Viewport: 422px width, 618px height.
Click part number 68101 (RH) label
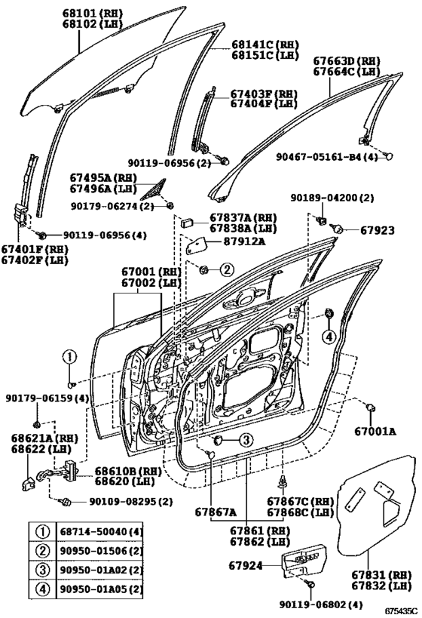92,14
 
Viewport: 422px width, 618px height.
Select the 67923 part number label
377,230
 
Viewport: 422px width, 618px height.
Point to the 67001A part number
375,432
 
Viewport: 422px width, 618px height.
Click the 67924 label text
245,566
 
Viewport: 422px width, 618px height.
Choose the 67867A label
216,512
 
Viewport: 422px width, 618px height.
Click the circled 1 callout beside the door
69,357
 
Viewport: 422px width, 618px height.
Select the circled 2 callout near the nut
227,269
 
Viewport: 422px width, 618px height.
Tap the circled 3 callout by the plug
246,439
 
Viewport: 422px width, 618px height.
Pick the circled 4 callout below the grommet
329,337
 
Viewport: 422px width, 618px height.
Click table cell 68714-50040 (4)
101,532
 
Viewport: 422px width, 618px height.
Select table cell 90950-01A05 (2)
101,589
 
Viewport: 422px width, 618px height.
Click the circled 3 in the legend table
43,570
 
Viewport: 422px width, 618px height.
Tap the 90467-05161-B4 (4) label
326,157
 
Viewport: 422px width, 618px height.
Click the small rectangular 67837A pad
187,223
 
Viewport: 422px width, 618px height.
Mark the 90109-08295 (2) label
130,502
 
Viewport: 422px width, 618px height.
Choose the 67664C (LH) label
347,72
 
